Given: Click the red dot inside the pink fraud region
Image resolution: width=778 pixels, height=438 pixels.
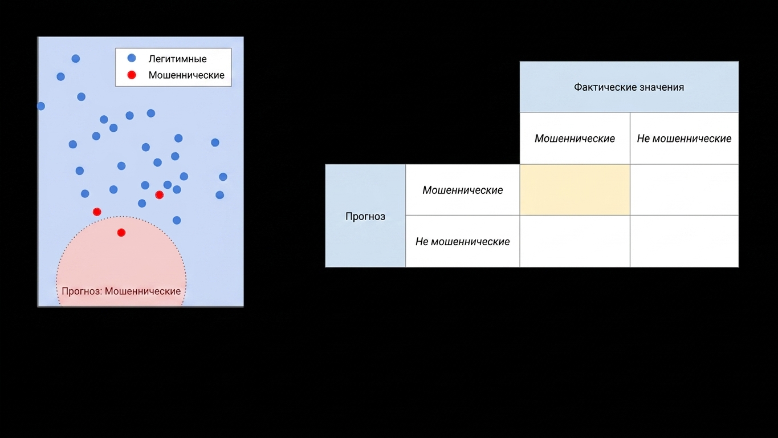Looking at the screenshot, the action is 121,233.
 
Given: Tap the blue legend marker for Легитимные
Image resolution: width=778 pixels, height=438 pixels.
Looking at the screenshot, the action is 132,58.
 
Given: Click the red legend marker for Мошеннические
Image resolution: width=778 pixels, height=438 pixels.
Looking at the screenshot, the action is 132,75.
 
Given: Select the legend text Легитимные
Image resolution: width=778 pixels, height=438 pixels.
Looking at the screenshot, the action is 177,59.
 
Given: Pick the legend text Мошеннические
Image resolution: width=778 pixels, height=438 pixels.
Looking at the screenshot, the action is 186,75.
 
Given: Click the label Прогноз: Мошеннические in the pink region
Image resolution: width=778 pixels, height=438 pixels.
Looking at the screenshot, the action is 121,291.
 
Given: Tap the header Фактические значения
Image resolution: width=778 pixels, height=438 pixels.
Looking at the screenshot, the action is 629,87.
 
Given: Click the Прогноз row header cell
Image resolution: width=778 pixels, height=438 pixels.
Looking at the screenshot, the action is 365,216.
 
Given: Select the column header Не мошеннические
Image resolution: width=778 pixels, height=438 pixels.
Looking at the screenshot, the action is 684,139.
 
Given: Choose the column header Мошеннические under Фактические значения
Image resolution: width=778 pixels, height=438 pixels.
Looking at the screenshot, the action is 575,139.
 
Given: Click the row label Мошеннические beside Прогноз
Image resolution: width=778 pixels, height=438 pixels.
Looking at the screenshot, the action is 463,190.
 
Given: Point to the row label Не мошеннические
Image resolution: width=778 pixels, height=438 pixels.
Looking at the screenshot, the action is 463,242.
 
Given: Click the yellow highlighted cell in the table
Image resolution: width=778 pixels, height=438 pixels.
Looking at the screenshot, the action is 575,190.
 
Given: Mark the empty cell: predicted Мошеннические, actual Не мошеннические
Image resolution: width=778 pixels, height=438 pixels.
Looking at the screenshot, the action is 684,190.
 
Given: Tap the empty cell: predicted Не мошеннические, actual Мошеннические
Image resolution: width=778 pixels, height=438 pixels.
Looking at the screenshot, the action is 575,242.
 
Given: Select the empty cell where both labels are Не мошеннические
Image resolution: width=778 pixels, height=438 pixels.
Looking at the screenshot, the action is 684,242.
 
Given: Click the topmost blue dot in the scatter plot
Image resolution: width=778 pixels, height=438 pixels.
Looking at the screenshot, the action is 76,58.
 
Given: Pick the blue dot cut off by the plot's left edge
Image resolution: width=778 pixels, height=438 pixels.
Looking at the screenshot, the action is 41,106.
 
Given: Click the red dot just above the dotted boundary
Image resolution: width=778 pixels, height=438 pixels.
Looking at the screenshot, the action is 97,212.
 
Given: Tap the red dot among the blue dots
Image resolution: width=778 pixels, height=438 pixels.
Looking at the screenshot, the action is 160,195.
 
